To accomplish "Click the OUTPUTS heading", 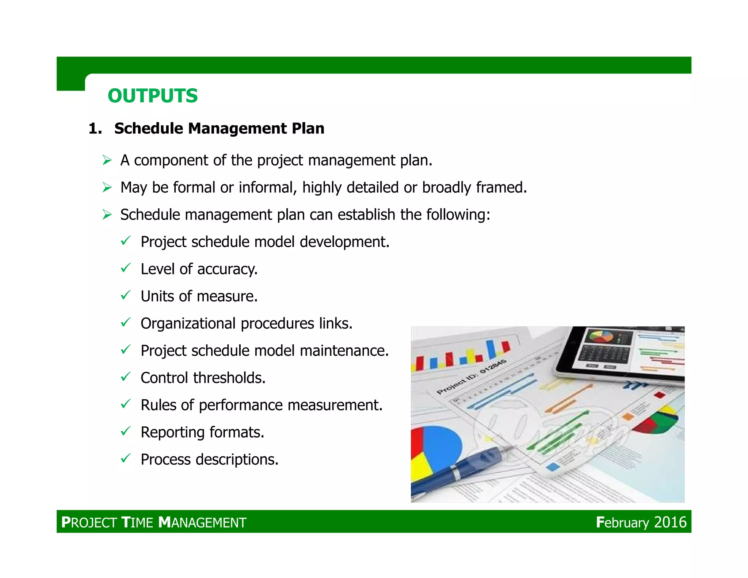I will (x=153, y=96).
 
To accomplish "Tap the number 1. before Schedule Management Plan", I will (x=95, y=129).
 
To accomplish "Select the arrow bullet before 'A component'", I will (x=107, y=160).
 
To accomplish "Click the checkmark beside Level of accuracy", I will (x=125, y=268).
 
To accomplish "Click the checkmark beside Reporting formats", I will (x=125, y=431).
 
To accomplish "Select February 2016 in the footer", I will (x=641, y=522).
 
